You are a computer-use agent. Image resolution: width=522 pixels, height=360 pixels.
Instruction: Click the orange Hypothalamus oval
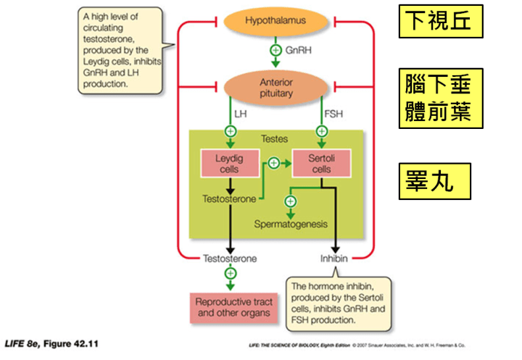[275, 21]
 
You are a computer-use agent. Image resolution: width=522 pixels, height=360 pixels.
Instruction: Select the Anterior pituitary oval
[275, 88]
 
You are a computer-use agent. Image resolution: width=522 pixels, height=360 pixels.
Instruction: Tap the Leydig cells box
[231, 163]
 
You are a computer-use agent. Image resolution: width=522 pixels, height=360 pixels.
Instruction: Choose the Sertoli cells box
[320, 163]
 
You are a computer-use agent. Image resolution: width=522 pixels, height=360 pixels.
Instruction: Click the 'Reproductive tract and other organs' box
[231, 308]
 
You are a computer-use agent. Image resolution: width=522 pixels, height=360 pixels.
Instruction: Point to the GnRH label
[299, 51]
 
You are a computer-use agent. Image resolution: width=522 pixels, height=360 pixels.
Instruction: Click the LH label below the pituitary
[240, 114]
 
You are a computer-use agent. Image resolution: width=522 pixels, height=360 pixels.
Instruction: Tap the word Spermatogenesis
[290, 225]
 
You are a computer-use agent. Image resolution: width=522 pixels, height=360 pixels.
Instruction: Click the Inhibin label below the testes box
[334, 258]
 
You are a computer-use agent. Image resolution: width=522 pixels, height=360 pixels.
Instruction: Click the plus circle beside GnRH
[275, 51]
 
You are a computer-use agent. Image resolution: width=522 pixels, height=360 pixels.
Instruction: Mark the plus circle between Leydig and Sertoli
[273, 163]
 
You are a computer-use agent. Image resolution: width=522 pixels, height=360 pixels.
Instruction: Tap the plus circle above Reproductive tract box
[231, 273]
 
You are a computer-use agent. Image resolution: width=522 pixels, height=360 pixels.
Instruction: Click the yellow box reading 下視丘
[440, 21]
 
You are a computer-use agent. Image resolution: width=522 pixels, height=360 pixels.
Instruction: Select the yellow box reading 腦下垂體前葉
[440, 99]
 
